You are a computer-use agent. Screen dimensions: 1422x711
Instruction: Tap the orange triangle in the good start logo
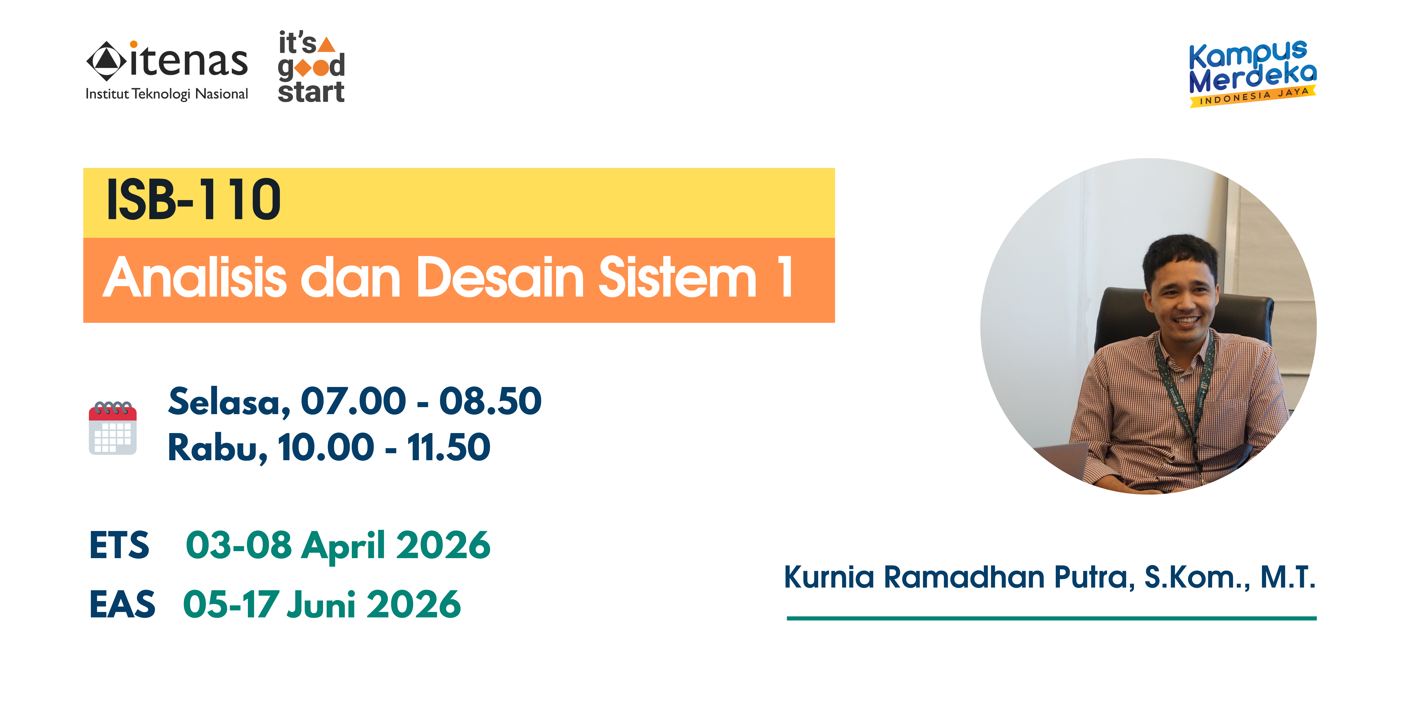tap(327, 44)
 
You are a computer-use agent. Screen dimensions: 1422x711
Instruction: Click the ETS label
tap(119, 545)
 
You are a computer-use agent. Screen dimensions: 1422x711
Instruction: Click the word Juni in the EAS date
tap(321, 604)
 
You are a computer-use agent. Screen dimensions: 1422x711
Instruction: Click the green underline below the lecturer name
tap(1052, 618)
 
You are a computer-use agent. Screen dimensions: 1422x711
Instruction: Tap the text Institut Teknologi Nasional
tap(167, 94)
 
